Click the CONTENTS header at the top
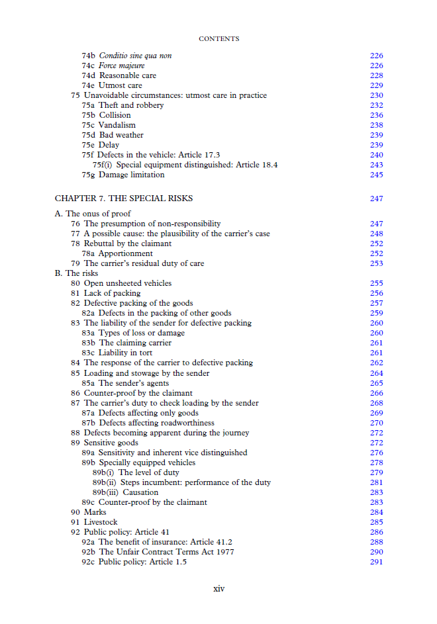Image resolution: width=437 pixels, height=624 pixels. [218, 39]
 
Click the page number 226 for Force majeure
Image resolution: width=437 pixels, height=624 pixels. [376, 66]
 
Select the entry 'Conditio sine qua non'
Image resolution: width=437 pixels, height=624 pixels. [135, 56]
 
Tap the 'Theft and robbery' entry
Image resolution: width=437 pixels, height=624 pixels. [131, 105]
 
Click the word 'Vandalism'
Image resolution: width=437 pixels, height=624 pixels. [117, 125]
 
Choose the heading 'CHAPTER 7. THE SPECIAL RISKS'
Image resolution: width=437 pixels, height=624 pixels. [124, 199]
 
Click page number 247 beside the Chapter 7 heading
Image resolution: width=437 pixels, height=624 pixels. [376, 199]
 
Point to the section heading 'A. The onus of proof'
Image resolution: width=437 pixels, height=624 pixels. [93, 214]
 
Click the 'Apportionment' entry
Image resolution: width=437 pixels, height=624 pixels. [126, 253]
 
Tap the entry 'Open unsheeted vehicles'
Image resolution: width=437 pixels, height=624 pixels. [128, 283]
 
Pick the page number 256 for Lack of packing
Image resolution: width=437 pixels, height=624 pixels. [376, 293]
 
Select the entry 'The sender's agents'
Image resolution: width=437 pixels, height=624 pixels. [134, 383]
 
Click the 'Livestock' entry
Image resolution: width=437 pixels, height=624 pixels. [101, 522]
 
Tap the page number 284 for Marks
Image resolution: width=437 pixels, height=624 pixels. [376, 512]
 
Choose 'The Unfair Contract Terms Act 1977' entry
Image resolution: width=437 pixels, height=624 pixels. [166, 552]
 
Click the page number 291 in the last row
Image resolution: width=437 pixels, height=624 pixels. [376, 562]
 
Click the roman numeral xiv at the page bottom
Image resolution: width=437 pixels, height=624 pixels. [218, 588]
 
